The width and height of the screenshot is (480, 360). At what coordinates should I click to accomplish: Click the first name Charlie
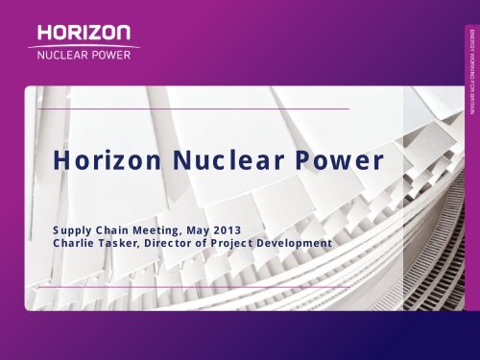coord(78,244)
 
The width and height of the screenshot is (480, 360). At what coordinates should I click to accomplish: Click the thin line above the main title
coord(192,109)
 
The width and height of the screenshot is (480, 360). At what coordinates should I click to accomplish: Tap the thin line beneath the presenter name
coord(192,285)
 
